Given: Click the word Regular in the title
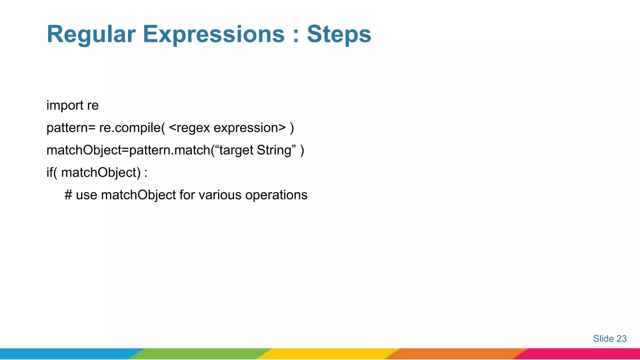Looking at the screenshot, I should [x=91, y=34].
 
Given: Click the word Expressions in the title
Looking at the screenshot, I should [x=213, y=34].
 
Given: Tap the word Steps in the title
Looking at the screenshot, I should [x=339, y=34].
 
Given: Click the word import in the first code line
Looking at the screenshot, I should [x=65, y=106].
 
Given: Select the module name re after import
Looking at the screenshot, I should [x=93, y=106].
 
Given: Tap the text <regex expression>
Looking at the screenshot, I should [x=227, y=128].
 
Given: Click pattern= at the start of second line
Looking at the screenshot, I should [x=71, y=128].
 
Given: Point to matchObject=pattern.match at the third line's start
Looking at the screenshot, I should [x=128, y=150].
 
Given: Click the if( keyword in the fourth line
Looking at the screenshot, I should [x=52, y=172].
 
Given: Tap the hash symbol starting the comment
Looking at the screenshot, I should [x=68, y=195].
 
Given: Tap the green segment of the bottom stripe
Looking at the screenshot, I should [x=200, y=354].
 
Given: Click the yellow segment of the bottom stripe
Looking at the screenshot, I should [x=328, y=354].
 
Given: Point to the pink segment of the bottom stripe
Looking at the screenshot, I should [x=581, y=354].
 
